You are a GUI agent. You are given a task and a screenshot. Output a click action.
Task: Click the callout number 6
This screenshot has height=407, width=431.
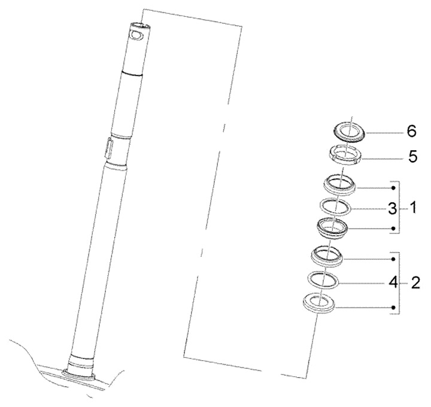point(411,132)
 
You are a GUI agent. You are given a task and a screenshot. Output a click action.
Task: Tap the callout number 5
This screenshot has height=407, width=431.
point(412,157)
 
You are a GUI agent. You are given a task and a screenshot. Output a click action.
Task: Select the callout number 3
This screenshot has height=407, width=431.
point(393,209)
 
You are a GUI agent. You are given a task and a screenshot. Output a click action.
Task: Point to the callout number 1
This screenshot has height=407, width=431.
point(412,208)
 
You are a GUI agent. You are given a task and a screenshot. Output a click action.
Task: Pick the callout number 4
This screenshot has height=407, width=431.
point(394,282)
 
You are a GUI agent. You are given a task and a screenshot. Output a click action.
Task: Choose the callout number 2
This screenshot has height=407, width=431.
point(415,283)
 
